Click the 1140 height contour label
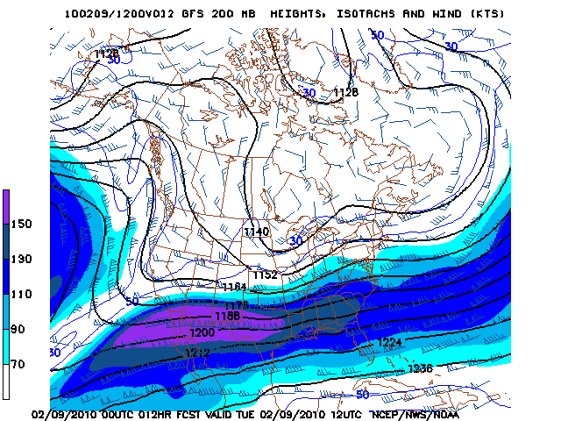257,232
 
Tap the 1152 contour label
265,275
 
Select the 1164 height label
234,287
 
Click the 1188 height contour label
227,317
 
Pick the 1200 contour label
202,333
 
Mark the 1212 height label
197,352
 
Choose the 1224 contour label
389,342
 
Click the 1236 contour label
420,368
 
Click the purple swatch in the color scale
7,204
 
